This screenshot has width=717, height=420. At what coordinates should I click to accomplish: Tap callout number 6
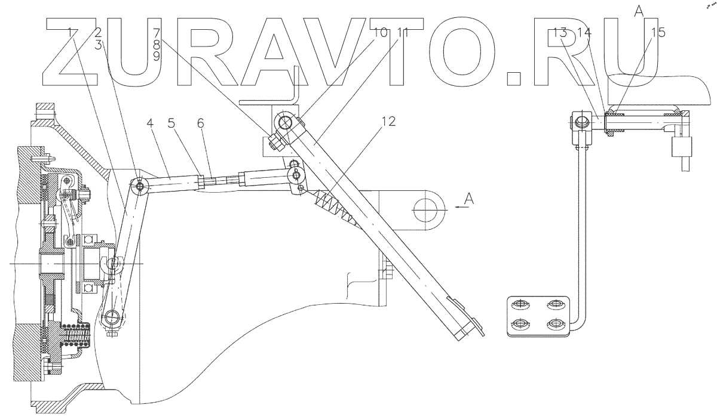(200, 123)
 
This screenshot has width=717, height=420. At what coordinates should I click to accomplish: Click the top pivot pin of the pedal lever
(285, 123)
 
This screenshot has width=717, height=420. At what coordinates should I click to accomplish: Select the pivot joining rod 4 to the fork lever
(140, 187)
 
